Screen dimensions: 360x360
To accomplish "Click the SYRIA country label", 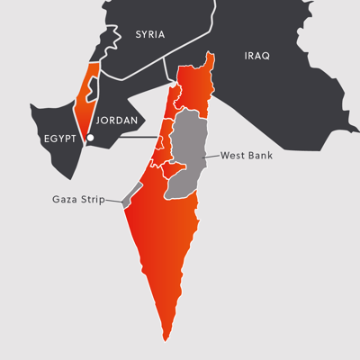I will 150,35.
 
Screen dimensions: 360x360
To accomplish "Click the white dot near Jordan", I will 89,138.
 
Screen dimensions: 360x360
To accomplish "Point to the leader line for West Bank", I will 211,157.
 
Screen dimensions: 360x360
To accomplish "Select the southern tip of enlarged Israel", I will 166,335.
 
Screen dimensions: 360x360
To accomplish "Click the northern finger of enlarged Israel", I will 210,61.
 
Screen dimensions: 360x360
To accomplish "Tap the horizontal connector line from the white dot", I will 126,138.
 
